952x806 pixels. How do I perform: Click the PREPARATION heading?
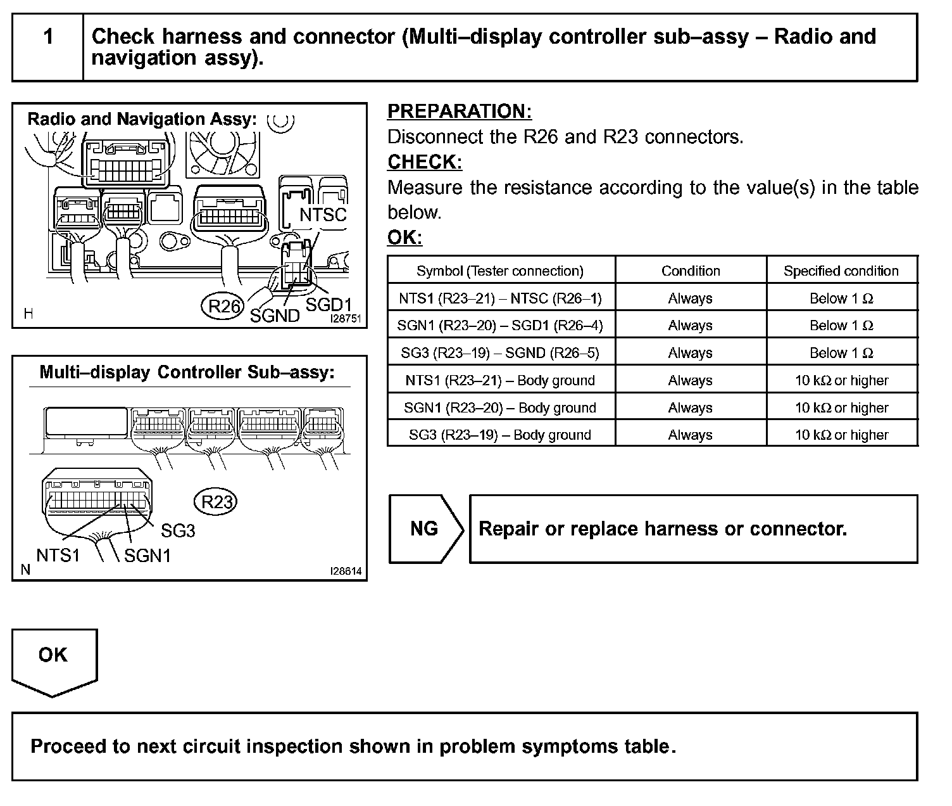click(459, 112)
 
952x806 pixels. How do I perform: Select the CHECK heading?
click(424, 162)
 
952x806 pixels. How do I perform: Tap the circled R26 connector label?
click(224, 307)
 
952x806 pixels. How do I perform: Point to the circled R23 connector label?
click(216, 502)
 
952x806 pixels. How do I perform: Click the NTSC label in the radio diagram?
click(323, 215)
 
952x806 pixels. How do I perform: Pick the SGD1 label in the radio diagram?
click(328, 304)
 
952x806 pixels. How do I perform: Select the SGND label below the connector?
click(274, 316)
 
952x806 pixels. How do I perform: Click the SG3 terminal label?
click(178, 530)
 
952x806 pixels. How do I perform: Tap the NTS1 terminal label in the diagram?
click(58, 556)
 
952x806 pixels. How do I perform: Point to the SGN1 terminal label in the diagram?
click(147, 556)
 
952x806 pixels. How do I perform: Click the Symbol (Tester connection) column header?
click(500, 271)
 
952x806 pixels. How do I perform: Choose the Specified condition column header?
click(841, 271)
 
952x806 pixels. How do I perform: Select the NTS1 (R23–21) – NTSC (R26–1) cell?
click(500, 298)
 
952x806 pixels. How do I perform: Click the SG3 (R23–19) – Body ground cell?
click(500, 435)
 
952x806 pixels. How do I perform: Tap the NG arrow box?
click(425, 528)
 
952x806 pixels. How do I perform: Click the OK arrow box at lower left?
click(54, 659)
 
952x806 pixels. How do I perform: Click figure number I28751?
click(345, 319)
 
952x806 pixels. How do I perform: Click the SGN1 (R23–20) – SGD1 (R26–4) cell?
click(500, 325)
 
